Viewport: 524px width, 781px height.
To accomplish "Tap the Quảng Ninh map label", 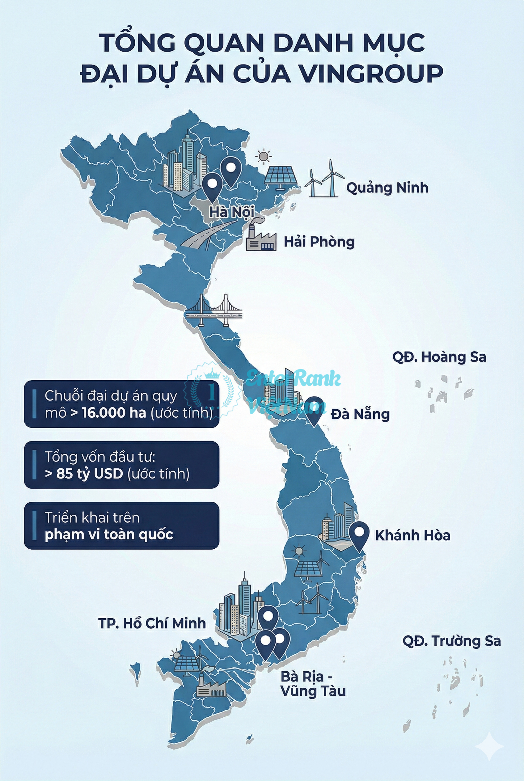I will point(387,188).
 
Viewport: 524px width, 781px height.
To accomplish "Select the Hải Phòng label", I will point(319,242).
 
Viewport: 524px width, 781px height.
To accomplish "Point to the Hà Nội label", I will point(231,212).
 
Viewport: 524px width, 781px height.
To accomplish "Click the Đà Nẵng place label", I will point(360,415).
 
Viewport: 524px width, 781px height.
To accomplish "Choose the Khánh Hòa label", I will point(412,535).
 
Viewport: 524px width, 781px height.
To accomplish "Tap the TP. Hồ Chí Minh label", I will point(152,623).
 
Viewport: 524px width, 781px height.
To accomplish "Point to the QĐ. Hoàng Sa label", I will point(439,357).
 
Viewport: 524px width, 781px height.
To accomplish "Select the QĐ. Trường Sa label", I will point(451,641).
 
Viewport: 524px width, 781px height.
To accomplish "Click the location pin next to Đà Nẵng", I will point(315,410).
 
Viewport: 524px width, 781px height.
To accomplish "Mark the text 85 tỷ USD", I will point(90,474).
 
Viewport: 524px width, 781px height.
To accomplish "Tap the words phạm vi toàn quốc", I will point(109,534).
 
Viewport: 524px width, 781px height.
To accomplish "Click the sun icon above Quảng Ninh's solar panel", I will point(263,156).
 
